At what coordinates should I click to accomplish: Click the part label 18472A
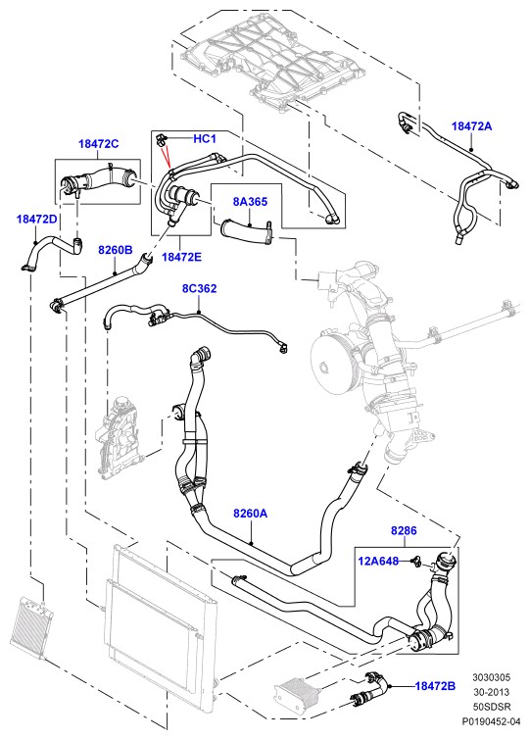point(471,126)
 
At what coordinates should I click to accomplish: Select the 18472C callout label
point(99,144)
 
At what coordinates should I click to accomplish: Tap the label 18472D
point(36,219)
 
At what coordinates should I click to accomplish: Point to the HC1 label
point(205,139)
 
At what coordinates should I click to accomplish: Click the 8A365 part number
point(250,202)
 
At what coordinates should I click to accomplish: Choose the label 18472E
point(181,257)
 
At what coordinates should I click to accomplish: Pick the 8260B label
point(116,250)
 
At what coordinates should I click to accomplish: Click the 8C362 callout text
point(200,288)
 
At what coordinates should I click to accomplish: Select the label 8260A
point(251,513)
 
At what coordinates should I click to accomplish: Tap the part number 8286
point(404,531)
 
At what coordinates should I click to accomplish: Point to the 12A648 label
point(378,562)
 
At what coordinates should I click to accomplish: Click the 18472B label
point(435,686)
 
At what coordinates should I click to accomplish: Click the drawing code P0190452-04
point(492,721)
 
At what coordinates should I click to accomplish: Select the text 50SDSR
point(492,707)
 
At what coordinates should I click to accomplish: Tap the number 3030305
point(492,677)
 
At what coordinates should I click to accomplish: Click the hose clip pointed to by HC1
point(161,139)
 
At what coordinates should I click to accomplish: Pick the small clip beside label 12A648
point(415,562)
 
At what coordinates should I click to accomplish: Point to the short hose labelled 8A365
point(246,231)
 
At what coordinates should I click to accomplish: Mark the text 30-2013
point(492,692)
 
